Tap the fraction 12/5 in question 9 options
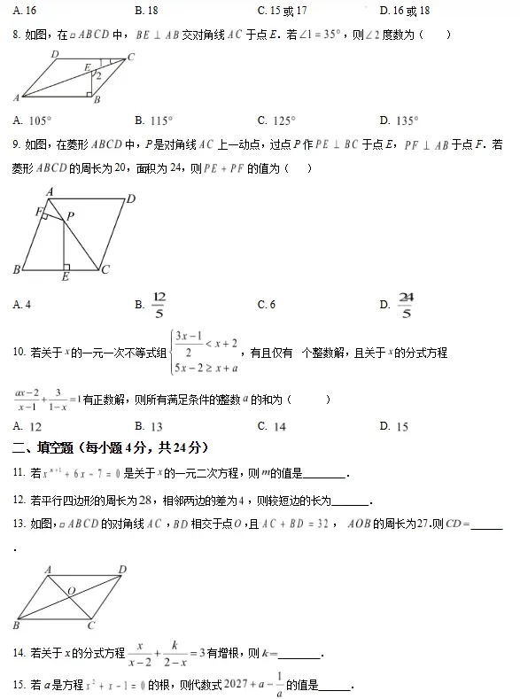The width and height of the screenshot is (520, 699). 159,304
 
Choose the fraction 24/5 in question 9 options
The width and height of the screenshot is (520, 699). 406,304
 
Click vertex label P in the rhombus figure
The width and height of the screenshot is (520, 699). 70,215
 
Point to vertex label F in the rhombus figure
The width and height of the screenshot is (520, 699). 39,211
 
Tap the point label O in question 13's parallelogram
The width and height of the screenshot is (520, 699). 70,590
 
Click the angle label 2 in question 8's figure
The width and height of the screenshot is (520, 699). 97,76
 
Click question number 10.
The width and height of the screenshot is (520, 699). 19,353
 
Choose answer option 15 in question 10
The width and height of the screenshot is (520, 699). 402,426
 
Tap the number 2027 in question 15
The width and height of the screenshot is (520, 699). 238,684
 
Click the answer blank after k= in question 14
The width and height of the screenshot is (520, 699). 300,656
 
